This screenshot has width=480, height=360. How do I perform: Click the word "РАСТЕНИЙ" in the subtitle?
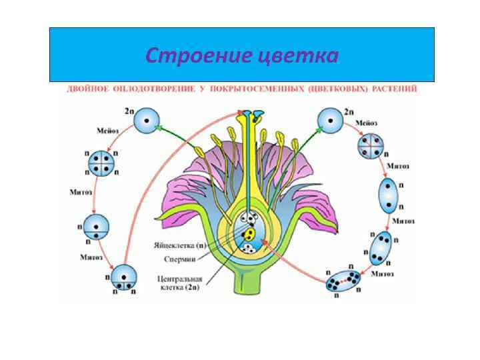(396, 89)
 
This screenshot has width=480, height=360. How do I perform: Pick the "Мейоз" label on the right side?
(367, 124)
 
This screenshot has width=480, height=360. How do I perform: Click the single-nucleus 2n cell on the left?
(146, 121)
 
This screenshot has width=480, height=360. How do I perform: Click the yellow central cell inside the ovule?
(248, 234)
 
